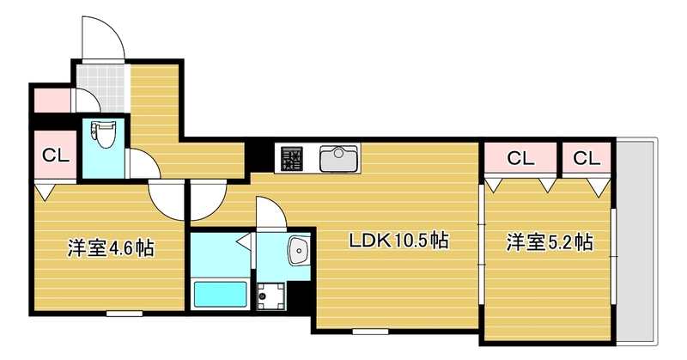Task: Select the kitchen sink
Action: (338, 159)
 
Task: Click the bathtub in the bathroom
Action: (220, 294)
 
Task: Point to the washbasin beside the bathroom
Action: (298, 251)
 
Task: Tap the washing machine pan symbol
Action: (272, 295)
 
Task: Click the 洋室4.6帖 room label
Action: (111, 249)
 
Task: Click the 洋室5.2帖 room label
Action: (548, 242)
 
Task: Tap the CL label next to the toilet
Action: (55, 156)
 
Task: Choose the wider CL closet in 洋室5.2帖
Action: (520, 158)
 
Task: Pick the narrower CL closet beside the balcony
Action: (587, 158)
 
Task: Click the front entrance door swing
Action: (100, 39)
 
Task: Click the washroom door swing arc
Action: (268, 213)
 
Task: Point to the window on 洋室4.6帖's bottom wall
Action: (124, 314)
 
